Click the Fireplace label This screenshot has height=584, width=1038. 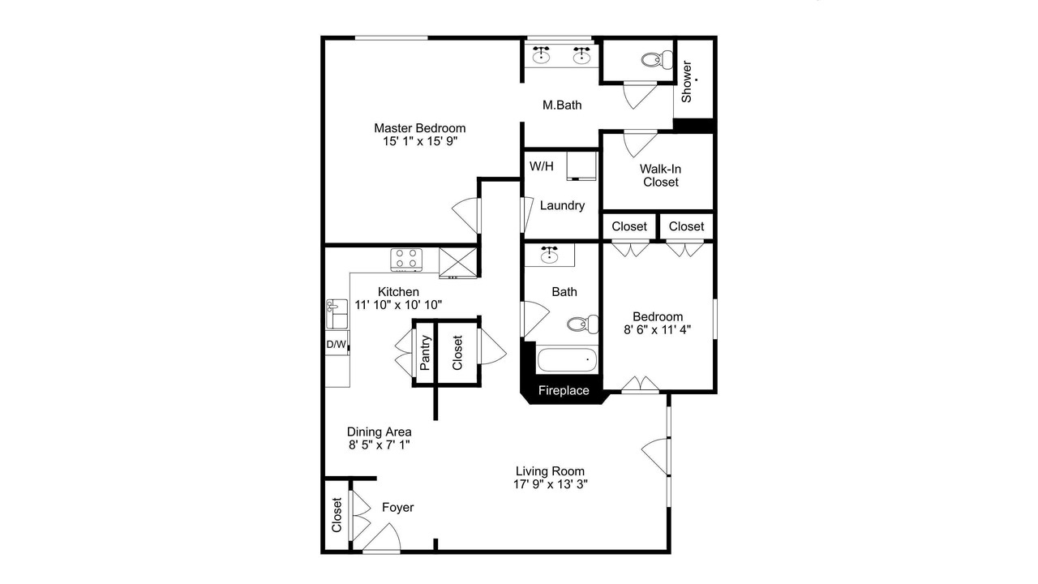coord(564,391)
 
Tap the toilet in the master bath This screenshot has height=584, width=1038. coord(657,60)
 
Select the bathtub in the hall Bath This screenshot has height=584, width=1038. coord(567,359)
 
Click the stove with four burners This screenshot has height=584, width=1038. coord(406,260)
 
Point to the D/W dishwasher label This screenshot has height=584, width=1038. coord(336,345)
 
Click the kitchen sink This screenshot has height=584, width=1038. coord(337,314)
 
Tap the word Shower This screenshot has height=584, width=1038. coord(686,82)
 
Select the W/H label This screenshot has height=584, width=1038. coord(541,166)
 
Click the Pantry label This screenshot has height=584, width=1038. coord(425,353)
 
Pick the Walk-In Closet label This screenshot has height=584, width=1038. coord(660,176)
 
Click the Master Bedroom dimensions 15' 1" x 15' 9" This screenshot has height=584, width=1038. coord(420,141)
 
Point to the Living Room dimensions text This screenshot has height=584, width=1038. coord(550,484)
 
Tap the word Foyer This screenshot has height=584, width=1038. coord(397,508)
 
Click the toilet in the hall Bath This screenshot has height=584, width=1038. coord(582,324)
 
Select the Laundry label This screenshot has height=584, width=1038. coord(562,206)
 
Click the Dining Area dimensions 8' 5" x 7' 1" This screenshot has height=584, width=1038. coord(379,445)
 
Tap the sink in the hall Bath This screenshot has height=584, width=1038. coord(550,255)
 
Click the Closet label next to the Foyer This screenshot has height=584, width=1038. coord(337,515)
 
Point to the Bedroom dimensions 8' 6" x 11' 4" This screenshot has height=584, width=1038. coord(657,329)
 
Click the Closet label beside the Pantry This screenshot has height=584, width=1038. coord(457,353)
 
